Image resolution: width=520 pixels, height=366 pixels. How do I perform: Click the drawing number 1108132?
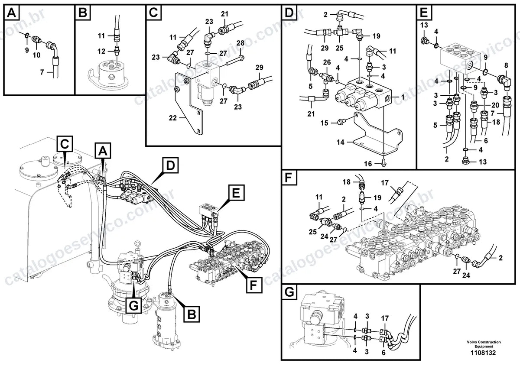[x=483, y=353]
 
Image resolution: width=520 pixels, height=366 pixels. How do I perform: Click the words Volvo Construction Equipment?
[x=484, y=344]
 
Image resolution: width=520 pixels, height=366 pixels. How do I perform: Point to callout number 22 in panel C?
[x=173, y=118]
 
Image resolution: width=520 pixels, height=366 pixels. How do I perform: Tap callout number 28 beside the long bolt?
[x=240, y=43]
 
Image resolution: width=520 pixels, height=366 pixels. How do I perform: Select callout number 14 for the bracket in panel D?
[x=340, y=142]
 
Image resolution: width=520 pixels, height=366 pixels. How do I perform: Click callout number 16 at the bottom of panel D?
[x=368, y=164]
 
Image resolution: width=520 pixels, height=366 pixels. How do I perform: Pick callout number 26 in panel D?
[x=327, y=62]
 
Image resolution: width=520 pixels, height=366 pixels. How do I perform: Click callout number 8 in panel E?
[x=506, y=65]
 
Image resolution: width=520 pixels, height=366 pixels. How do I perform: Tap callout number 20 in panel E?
[x=495, y=105]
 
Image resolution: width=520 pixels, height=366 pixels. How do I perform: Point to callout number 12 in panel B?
[x=101, y=51]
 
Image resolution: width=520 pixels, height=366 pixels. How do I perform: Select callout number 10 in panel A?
[x=36, y=55]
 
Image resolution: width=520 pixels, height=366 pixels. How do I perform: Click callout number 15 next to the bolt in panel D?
[x=325, y=123]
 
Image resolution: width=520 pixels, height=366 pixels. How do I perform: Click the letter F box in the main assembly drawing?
[x=253, y=285]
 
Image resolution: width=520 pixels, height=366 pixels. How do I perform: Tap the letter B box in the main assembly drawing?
[x=192, y=314]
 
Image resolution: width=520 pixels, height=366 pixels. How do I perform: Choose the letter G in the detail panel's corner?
[x=289, y=292]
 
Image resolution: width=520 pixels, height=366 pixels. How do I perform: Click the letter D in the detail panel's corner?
[x=289, y=12]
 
